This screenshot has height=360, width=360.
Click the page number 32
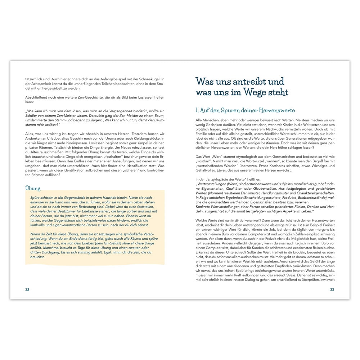[x=27, y=289]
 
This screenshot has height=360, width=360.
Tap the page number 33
[x=332, y=289]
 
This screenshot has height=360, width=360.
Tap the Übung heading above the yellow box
[x=33, y=188]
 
